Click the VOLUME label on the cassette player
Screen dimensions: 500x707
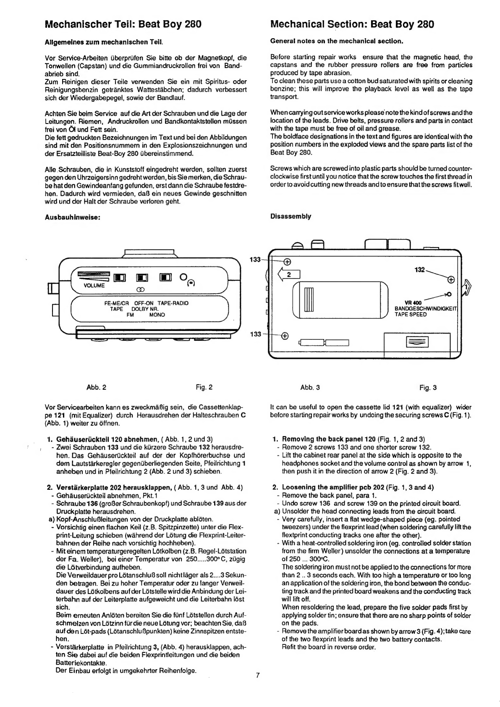94,286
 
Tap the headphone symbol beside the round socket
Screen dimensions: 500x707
191,284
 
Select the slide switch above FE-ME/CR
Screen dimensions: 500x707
120,278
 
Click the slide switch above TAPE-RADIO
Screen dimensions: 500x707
166,277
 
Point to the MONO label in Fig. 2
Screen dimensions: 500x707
157,315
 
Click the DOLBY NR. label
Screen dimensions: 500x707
145,309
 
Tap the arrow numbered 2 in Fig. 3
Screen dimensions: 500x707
289,275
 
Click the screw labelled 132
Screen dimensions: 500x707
451,280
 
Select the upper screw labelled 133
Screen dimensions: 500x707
287,262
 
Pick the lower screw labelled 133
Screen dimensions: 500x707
285,336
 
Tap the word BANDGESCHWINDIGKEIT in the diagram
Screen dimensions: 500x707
426,308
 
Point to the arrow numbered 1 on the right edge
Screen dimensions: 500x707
466,287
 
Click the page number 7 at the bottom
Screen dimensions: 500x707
258,675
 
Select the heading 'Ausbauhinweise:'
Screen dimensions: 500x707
73,218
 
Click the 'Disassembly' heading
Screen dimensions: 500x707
291,216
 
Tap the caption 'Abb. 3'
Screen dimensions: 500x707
310,388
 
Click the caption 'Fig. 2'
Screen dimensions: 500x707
204,387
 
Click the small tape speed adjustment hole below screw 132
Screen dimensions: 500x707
449,294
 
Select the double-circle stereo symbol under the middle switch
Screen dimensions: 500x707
139,289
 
